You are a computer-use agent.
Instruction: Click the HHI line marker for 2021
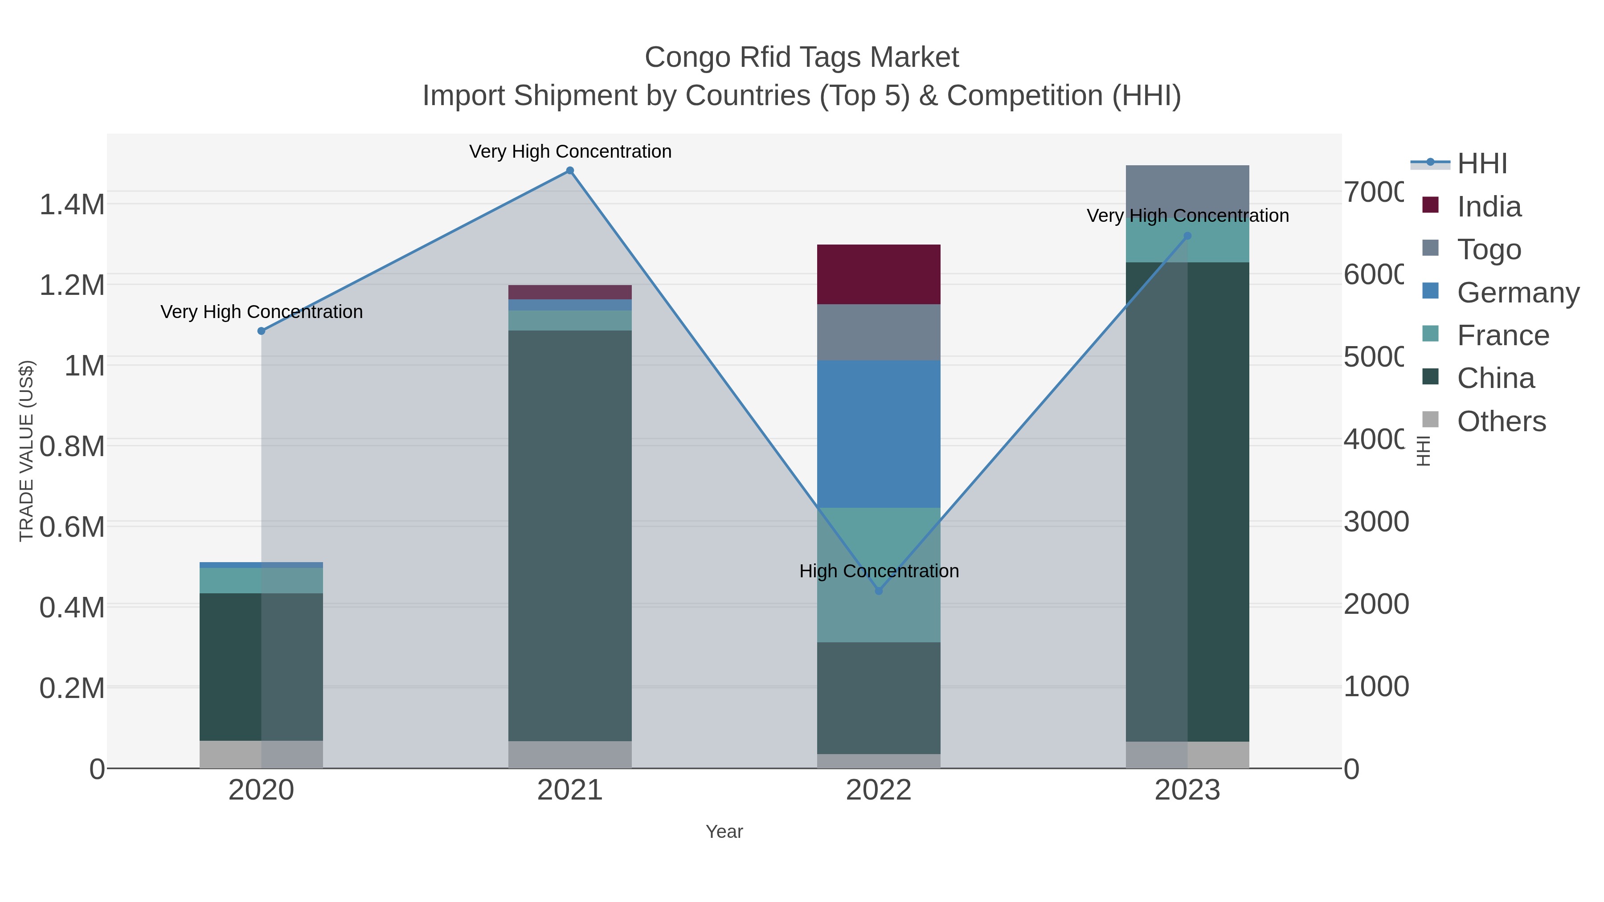(x=570, y=171)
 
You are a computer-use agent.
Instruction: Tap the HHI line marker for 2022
(x=879, y=591)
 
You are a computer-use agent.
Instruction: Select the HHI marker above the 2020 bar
(x=262, y=331)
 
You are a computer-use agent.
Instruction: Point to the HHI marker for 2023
(x=1187, y=236)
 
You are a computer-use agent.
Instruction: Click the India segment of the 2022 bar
(x=879, y=274)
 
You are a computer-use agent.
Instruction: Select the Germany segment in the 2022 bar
(x=879, y=434)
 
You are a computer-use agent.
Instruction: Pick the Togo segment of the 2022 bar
(x=879, y=332)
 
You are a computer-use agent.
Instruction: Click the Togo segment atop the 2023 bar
(x=1187, y=187)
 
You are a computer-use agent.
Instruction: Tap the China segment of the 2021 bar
(x=570, y=535)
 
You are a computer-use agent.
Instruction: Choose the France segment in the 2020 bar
(x=262, y=580)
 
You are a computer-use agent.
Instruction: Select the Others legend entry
(x=1501, y=421)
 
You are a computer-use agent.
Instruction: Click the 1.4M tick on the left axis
(x=72, y=205)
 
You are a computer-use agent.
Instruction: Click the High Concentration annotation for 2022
(x=879, y=571)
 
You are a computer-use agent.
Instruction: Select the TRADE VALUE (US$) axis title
(x=27, y=451)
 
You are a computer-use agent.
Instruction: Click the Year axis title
(x=724, y=832)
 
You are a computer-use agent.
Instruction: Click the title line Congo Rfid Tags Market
(x=802, y=57)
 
